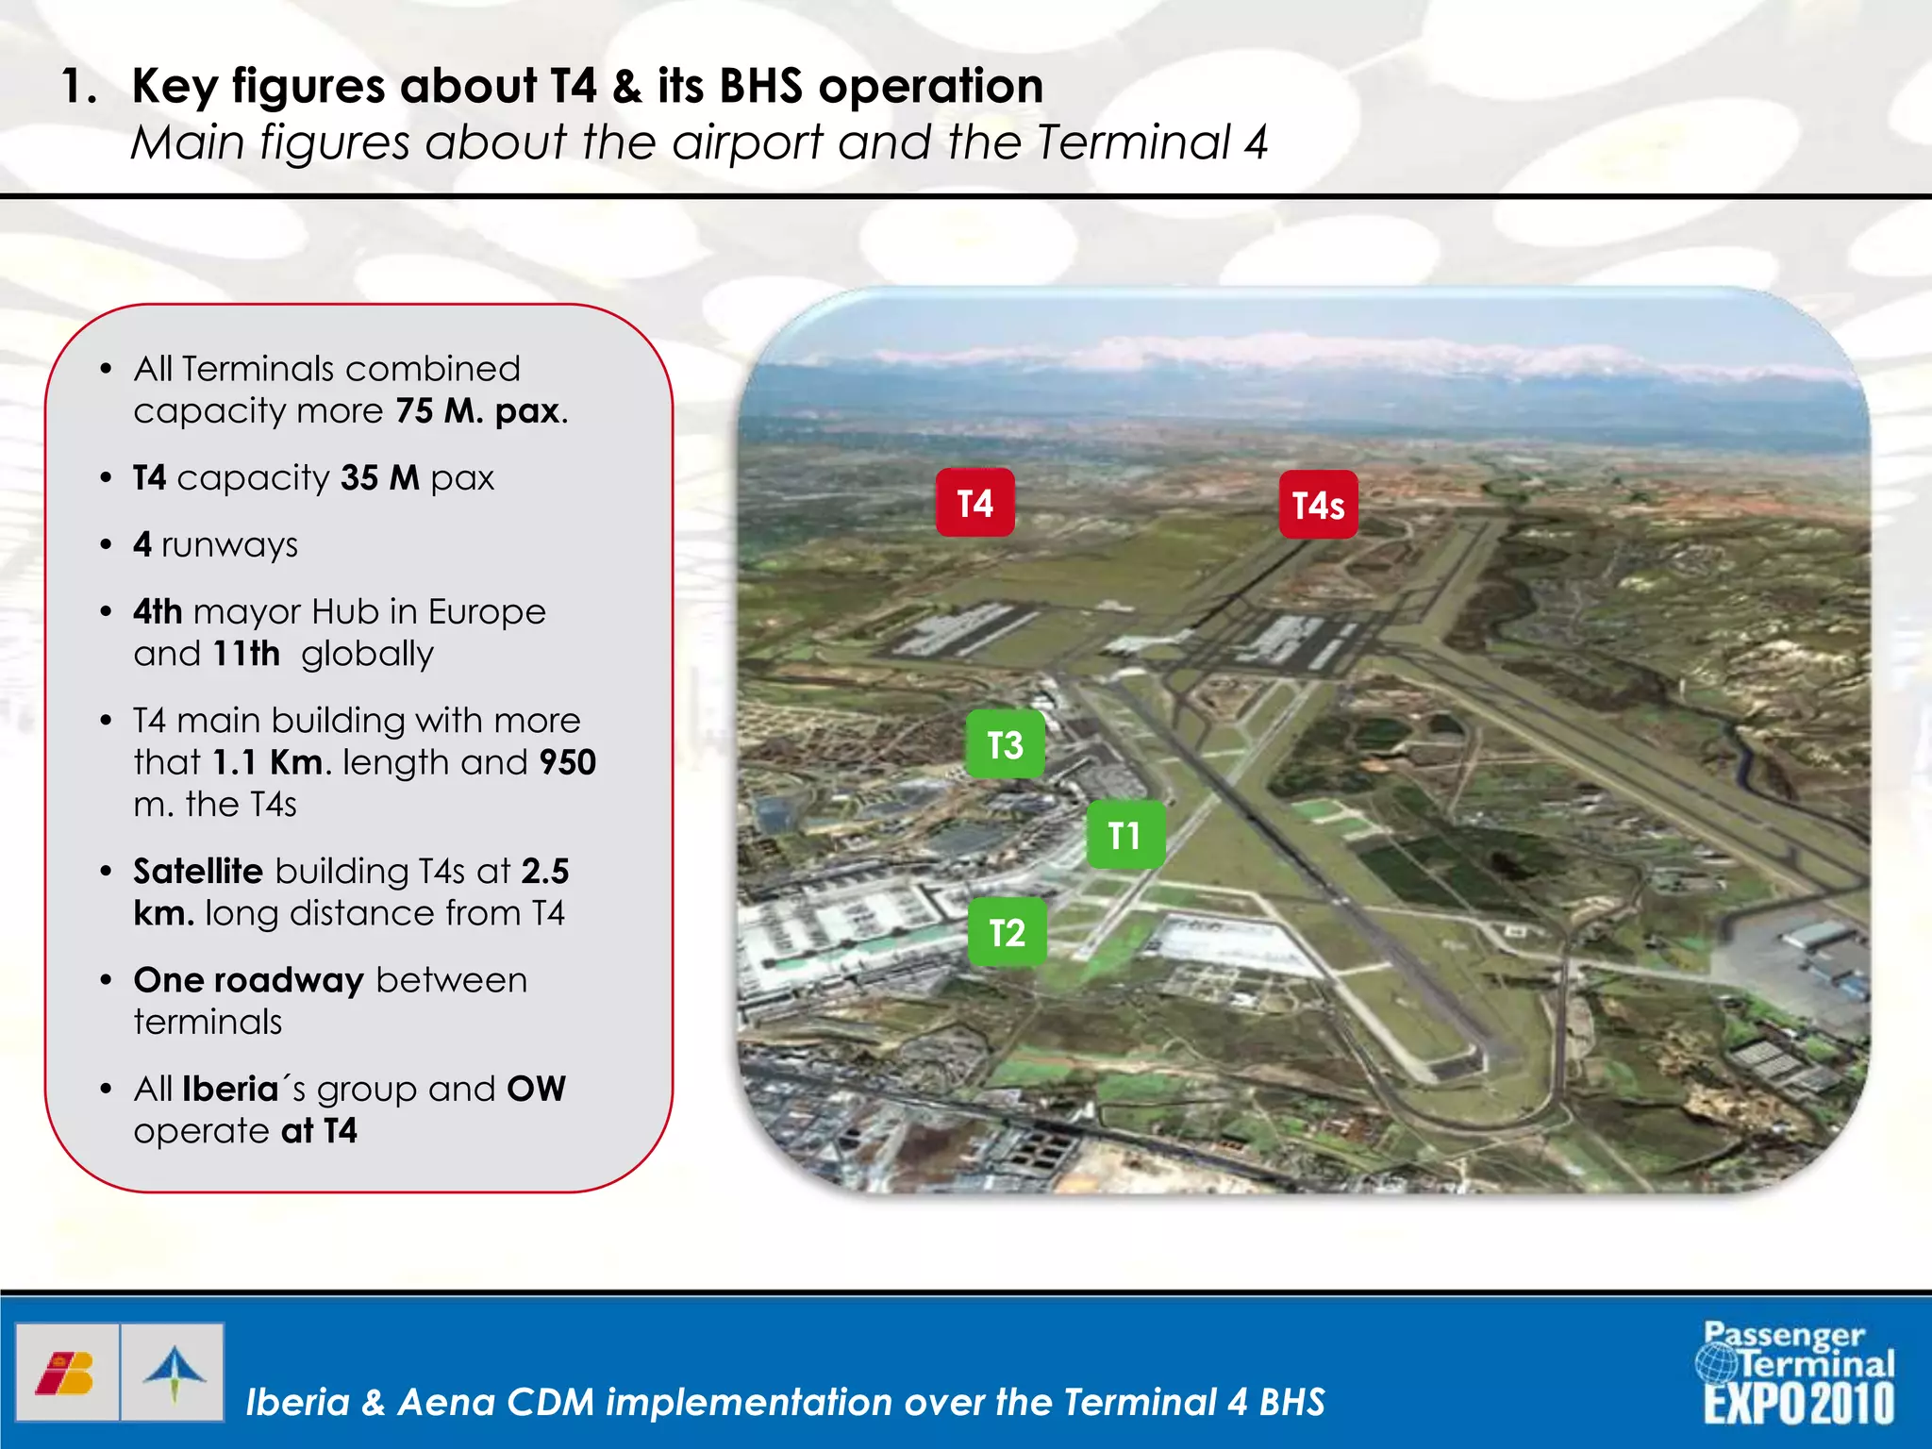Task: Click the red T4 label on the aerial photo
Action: (x=974, y=503)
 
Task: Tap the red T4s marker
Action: (x=1318, y=506)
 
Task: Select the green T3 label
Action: (x=1005, y=745)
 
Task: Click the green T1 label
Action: (x=1124, y=836)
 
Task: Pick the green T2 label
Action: (x=1007, y=933)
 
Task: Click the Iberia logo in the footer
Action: (x=66, y=1373)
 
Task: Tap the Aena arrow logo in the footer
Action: (x=174, y=1373)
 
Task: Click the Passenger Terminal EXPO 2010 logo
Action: (x=1798, y=1373)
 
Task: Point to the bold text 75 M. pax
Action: (x=479, y=411)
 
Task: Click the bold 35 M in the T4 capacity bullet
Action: (x=379, y=478)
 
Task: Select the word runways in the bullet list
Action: (x=229, y=545)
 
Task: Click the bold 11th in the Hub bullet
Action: (x=246, y=654)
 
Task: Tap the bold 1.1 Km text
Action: (x=268, y=762)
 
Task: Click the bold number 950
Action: (x=567, y=762)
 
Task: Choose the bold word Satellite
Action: (x=198, y=872)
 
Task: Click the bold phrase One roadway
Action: (x=248, y=980)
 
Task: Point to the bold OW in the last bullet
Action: (x=536, y=1089)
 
